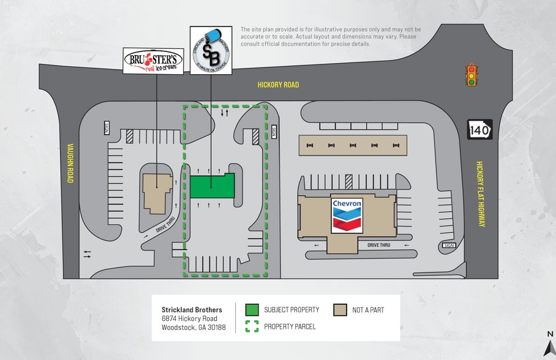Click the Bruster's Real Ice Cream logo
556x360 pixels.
tap(153, 61)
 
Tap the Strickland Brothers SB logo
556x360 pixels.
tap(211, 50)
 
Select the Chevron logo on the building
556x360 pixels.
tap(347, 215)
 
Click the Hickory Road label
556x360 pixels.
tap(278, 84)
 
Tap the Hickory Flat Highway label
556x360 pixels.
tap(481, 195)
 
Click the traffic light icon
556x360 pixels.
tap(471, 75)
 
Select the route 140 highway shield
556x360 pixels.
tap(480, 129)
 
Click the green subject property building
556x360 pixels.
tap(212, 186)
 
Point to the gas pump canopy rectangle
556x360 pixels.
tap(352, 145)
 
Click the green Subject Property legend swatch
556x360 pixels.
tap(252, 310)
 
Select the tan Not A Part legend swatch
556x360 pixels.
tap(340, 310)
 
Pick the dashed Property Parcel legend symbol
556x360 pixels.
tap(252, 326)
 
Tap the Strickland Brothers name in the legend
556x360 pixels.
tap(192, 310)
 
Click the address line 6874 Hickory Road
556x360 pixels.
tap(189, 318)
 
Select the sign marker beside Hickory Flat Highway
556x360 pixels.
tap(448, 246)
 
